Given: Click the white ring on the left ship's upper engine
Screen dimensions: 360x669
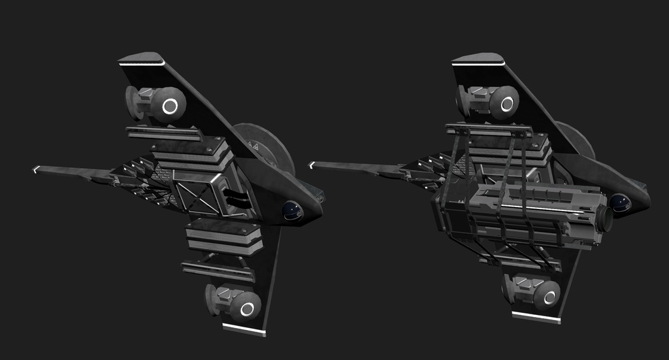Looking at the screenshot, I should point(170,105).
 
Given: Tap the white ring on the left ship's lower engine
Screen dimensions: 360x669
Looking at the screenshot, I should point(246,306).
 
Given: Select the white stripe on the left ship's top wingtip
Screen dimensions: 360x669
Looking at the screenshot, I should point(142,64).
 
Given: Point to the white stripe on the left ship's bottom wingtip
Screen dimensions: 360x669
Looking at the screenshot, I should point(244,329).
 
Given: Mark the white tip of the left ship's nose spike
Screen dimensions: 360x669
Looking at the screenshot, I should point(37,169).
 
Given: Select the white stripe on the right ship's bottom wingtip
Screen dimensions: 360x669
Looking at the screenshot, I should point(536,317).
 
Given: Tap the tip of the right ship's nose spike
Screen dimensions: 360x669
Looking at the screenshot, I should point(312,165).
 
